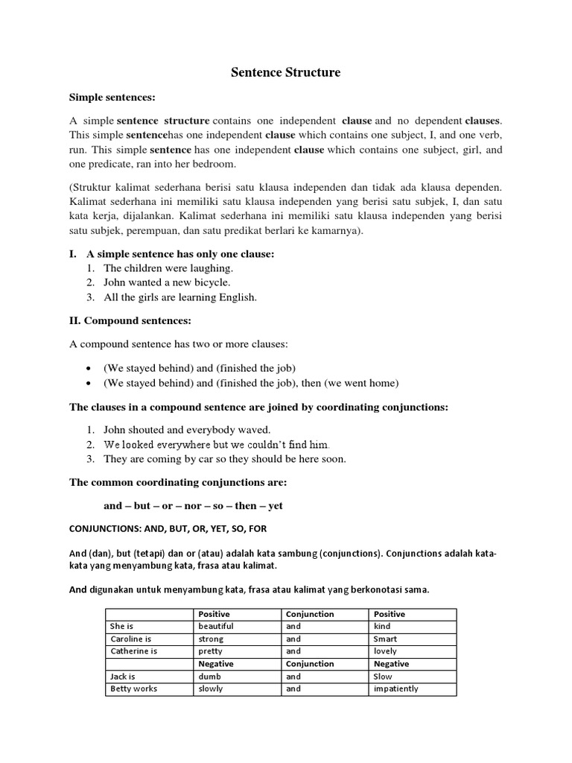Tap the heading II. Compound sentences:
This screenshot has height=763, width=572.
pos(130,320)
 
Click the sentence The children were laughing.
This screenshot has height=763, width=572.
pos(168,267)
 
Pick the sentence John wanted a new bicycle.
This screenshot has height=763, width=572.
pos(167,282)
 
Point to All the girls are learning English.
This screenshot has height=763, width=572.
pos(179,297)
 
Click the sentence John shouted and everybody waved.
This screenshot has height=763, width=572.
pos(187,429)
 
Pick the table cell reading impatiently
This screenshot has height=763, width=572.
pos(395,689)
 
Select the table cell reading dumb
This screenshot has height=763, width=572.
pos(209,677)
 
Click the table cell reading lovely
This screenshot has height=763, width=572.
pos(386,651)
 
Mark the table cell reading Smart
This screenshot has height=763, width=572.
pos(386,639)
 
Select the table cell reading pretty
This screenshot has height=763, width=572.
pos(211,651)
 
